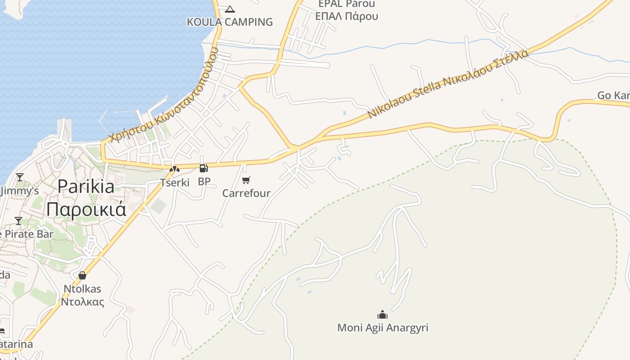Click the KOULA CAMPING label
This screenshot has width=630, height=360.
tap(230, 22)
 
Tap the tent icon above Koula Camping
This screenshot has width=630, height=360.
tap(230, 9)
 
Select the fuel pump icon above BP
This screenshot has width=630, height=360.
tap(204, 168)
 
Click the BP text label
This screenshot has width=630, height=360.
tap(204, 182)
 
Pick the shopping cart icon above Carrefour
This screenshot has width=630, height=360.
tap(246, 180)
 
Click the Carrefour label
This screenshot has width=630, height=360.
tap(246, 193)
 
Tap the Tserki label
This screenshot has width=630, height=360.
tap(175, 182)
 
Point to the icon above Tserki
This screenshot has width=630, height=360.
tap(175, 169)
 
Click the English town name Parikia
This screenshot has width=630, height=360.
tap(86, 186)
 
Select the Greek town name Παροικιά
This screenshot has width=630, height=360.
tap(86, 209)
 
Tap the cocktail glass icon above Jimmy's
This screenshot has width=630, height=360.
tap(19, 177)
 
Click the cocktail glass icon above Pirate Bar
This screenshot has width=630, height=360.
tap(18, 220)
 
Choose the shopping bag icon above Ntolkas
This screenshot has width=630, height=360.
tap(82, 275)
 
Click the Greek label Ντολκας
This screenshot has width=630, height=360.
tap(82, 301)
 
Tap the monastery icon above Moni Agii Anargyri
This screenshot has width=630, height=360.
tap(382, 314)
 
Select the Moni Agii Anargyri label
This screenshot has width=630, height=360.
tap(382, 328)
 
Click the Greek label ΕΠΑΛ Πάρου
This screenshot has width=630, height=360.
tap(346, 16)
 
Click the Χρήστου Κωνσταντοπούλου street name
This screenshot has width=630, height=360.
tap(164, 95)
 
